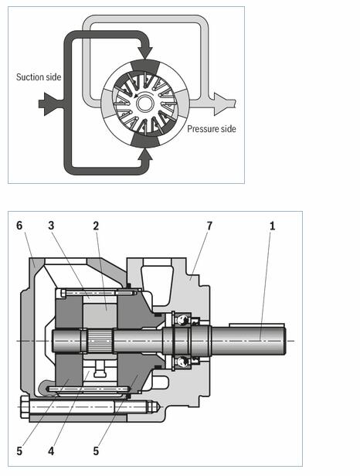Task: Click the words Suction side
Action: pos(39,77)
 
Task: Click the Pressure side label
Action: pos(212,129)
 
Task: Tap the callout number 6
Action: pos(19,226)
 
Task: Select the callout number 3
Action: pos(51,226)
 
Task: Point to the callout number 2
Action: pos(96,226)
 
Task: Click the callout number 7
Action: pos(209,226)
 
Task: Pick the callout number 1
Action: pos(272,226)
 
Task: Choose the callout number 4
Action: pos(51,451)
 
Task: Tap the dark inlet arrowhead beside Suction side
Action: pos(48,104)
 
